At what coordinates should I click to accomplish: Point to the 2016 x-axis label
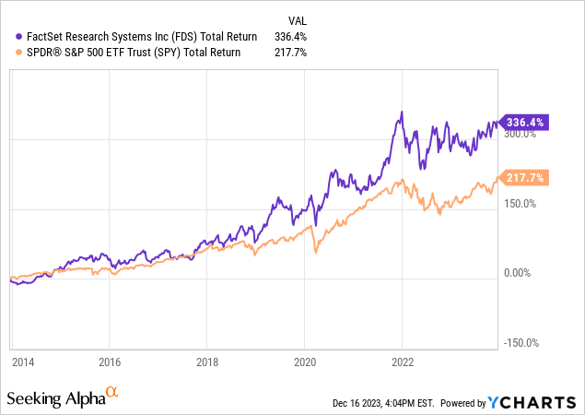pos(110,362)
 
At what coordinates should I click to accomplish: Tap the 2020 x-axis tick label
pos(305,362)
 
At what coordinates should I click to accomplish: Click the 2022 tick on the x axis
pos(403,362)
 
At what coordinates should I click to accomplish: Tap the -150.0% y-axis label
pos(522,343)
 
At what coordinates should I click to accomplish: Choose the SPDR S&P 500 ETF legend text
pos(128,53)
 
